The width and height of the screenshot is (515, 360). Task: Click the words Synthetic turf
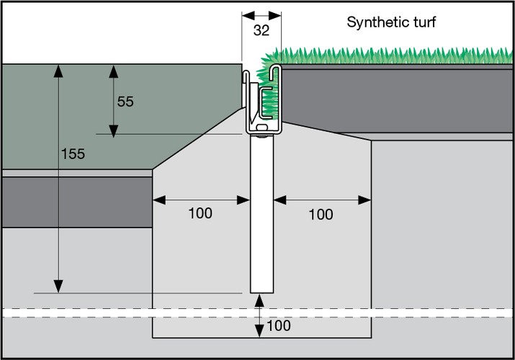point(391,22)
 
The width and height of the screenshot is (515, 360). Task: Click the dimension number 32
point(261,31)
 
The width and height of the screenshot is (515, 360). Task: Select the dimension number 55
point(125,102)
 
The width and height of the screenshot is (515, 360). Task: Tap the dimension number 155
point(73,153)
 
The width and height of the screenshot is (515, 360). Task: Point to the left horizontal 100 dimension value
point(200,214)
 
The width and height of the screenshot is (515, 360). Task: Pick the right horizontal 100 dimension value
point(321,214)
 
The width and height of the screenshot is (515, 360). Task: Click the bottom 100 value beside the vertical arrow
point(279,326)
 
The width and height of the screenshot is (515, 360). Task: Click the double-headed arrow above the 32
point(261,14)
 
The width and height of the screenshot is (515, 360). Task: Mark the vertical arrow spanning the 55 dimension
point(113,100)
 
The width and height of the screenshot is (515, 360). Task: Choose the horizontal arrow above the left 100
point(200,198)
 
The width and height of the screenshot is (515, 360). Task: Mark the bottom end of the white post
point(261,291)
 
